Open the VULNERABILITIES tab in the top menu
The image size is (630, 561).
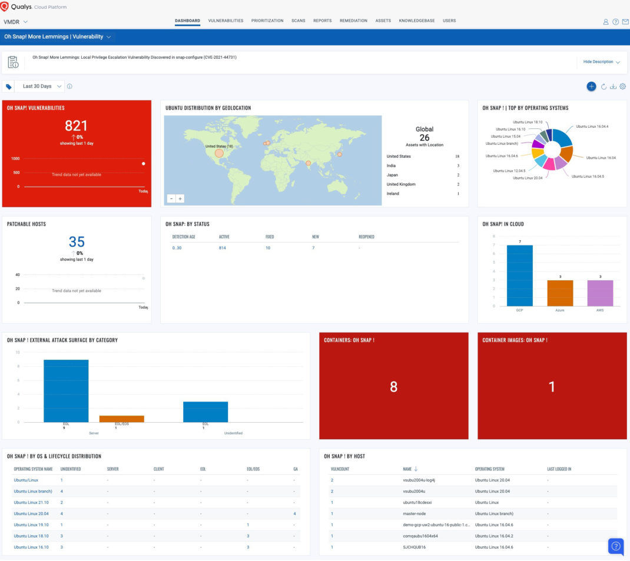pos(226,21)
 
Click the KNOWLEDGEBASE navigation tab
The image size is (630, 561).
pos(416,21)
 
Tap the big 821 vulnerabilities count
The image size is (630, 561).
pos(76,125)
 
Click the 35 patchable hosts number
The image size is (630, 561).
pos(77,241)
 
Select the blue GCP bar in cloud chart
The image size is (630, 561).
pos(519,275)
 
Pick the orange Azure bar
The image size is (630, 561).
pos(560,293)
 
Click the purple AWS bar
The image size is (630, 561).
pos(601,293)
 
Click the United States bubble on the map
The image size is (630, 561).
pos(219,153)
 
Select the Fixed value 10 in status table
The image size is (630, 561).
pos(268,248)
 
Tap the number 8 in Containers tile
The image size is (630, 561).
pos(393,387)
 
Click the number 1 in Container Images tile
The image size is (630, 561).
pos(552,387)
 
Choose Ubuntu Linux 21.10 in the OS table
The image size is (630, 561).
pos(30,502)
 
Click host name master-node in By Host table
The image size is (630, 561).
pos(414,513)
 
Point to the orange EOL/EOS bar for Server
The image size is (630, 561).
pos(121,419)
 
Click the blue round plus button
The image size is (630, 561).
pos(591,87)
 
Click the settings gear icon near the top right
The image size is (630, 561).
pos(623,87)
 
